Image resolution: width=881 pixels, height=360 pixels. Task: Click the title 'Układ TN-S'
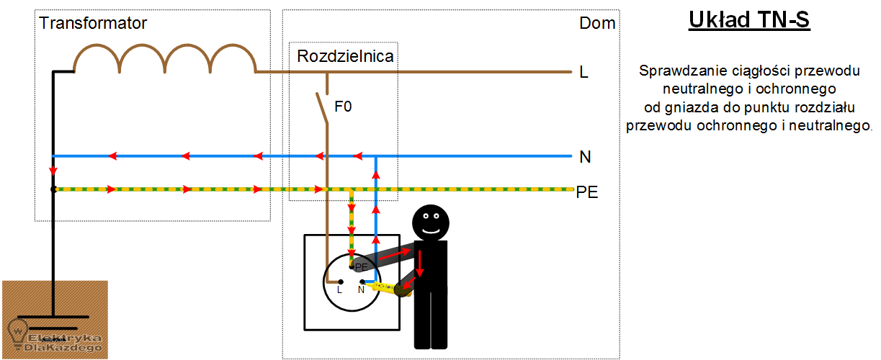749,20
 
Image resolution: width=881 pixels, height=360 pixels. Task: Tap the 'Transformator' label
93,23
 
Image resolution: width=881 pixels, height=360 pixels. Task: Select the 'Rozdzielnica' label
345,56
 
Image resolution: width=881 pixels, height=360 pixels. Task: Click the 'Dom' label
597,23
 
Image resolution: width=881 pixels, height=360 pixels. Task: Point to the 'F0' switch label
343,107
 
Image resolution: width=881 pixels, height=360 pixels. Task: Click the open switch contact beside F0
323,108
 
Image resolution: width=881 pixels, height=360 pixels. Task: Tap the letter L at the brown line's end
583,72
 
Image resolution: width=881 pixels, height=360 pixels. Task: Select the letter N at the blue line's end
585,157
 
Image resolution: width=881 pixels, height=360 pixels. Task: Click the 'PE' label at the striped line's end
587,192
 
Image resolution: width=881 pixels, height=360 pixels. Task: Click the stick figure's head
431,222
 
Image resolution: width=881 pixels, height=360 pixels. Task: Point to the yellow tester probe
388,288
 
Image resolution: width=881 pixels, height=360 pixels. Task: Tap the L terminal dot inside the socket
341,282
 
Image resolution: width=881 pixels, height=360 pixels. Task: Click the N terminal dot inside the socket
362,282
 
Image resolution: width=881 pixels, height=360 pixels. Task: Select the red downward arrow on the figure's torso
420,264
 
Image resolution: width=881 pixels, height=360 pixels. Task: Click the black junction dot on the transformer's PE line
54,189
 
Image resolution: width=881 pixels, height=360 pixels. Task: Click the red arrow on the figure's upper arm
395,254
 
